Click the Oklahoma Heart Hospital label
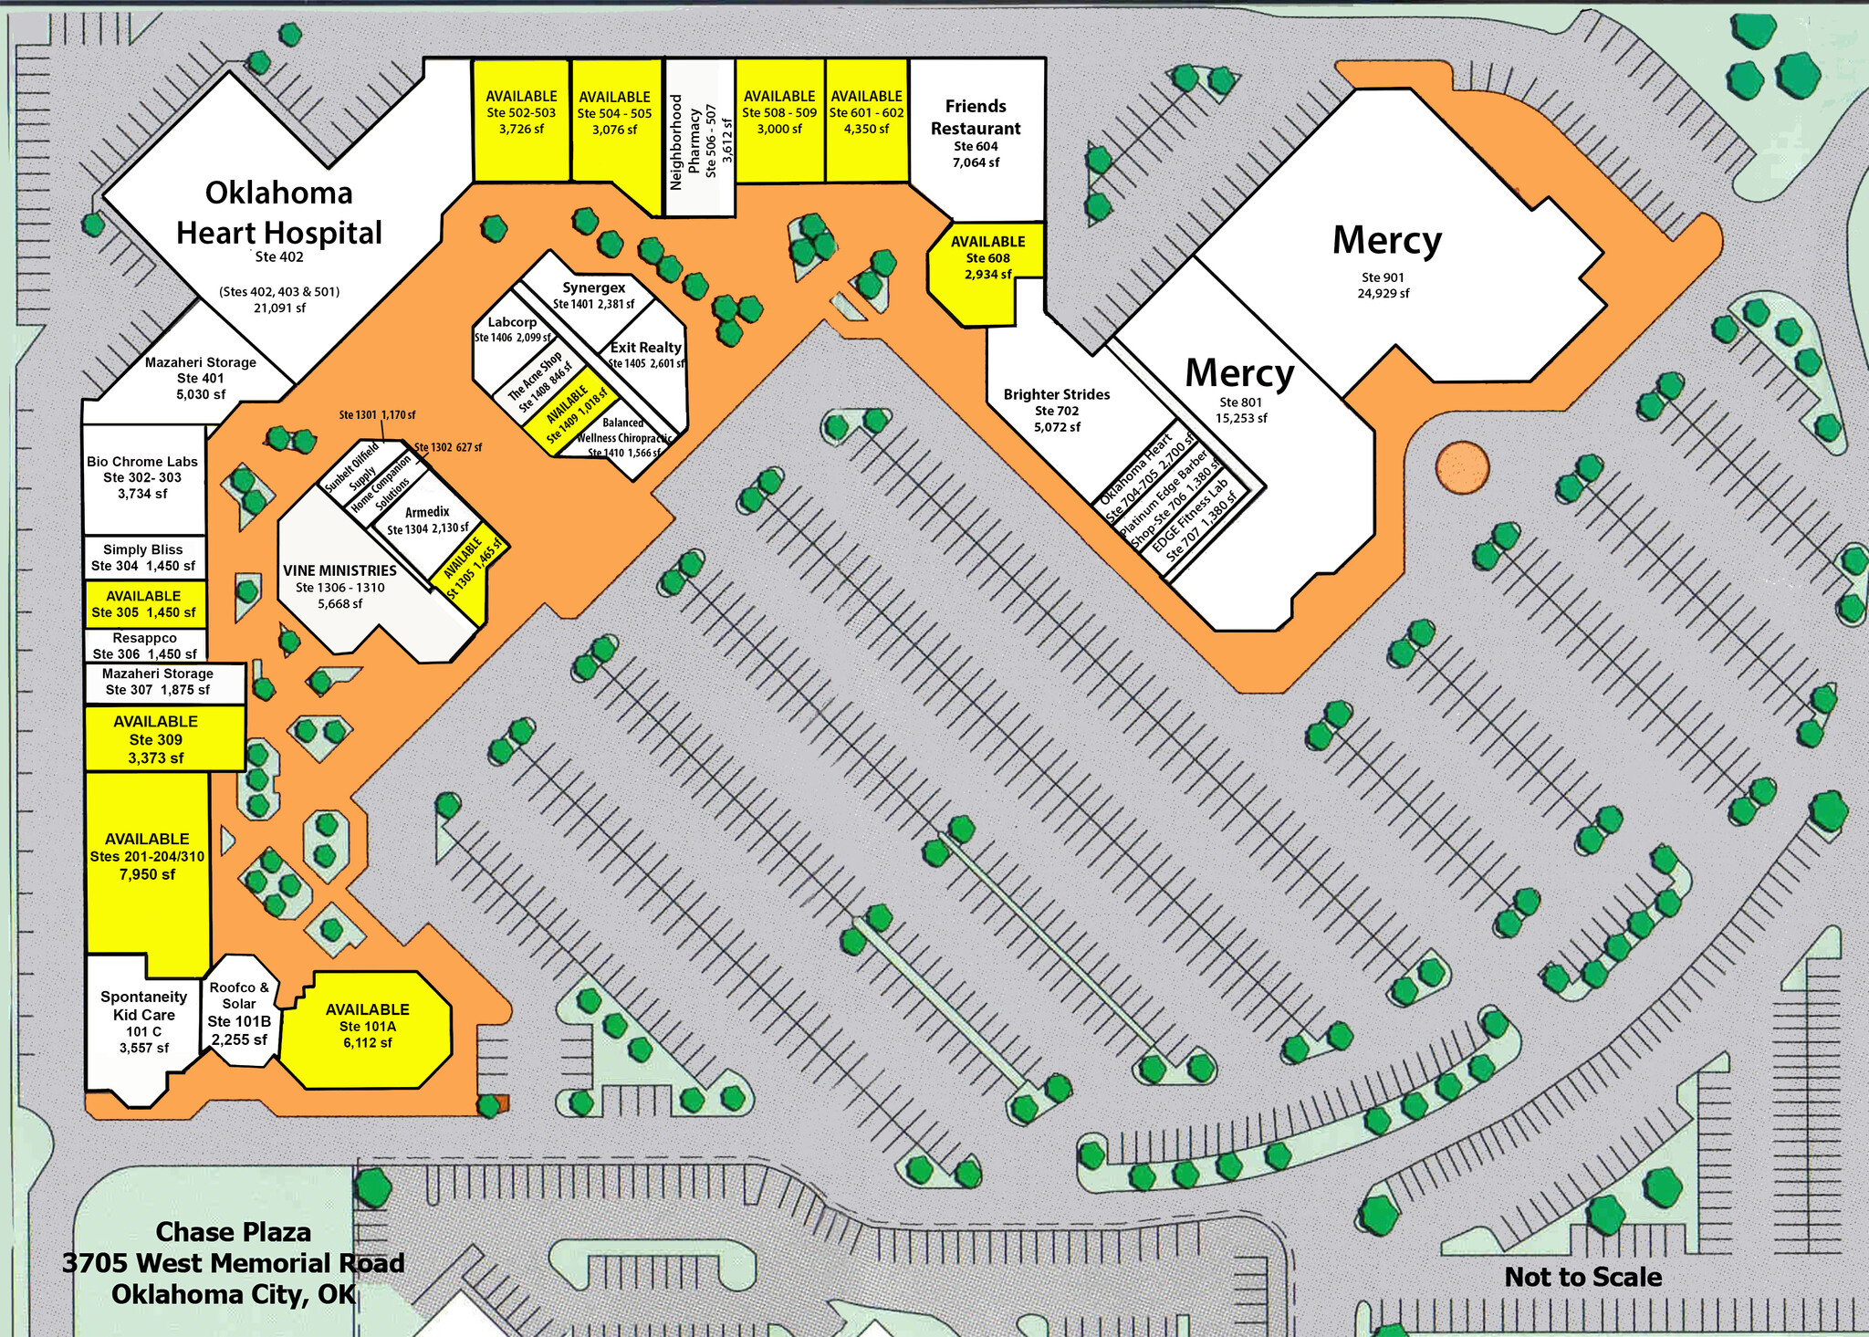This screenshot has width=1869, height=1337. tap(279, 214)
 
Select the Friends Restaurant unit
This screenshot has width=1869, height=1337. tap(976, 133)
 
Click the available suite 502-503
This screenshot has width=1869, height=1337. tap(521, 113)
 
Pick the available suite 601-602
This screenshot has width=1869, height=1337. tap(866, 113)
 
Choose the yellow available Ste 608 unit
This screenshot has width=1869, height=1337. tap(987, 259)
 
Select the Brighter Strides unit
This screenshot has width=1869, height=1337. tap(1057, 411)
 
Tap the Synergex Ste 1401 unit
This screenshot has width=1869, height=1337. tap(593, 295)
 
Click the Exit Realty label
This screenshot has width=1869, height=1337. tap(646, 348)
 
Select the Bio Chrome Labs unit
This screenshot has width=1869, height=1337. tap(142, 477)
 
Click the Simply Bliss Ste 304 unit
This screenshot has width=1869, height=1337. tap(143, 558)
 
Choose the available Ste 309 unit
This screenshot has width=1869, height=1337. tap(156, 739)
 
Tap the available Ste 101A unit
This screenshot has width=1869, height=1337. tap(367, 1026)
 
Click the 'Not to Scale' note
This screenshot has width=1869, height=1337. tap(1582, 1277)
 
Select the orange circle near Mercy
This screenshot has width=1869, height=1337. tap(1462, 466)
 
